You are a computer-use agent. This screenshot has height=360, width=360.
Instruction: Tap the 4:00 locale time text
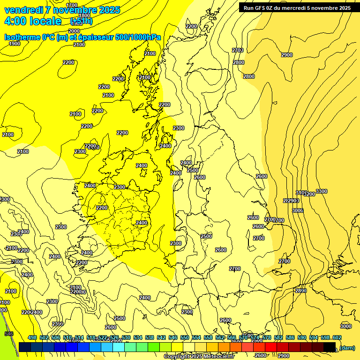coord(33,21)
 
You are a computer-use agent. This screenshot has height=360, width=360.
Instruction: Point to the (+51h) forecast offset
coord(81,22)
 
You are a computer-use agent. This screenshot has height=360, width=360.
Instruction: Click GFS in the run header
coord(265,7)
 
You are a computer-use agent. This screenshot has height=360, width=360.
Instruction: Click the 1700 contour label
coord(72,5)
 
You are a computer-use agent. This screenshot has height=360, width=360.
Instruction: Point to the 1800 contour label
coord(84,15)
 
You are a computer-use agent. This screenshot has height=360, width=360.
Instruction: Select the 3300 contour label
coord(322,191)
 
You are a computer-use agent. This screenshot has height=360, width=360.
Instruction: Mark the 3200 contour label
coord(309,194)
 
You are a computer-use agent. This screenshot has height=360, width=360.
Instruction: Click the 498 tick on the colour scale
coord(32,337)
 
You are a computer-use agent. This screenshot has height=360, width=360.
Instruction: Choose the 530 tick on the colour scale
coord(126,337)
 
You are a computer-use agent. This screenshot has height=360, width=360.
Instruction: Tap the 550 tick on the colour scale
coord(185,337)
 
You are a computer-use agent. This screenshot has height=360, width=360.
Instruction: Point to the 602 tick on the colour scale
coord(337,337)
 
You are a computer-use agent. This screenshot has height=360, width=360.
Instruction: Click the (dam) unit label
coord(347,347)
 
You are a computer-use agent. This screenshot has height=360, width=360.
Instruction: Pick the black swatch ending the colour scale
coord(330,347)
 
